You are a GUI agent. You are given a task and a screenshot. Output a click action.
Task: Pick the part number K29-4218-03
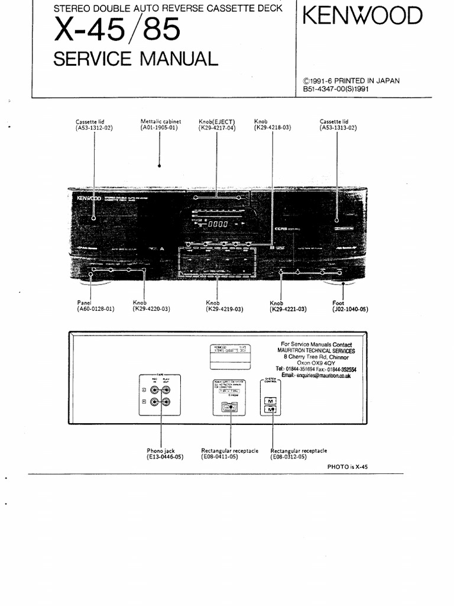pos(273,128)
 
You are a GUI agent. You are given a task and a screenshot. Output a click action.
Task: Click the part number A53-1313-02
pos(338,128)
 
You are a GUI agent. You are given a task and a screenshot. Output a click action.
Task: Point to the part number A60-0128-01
pos(95,309)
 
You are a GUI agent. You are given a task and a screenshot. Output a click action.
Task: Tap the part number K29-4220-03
pos(151,309)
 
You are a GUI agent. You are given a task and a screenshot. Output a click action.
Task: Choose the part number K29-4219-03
pos(225,309)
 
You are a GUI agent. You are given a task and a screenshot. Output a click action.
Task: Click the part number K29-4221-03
pos(288,309)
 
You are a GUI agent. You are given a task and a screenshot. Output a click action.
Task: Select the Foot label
pos(338,302)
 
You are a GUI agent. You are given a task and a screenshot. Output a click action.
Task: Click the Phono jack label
pos(161,451)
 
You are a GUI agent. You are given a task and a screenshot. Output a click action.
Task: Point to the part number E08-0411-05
pos(219,457)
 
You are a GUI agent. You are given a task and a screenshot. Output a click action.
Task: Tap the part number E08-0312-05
pos(289,457)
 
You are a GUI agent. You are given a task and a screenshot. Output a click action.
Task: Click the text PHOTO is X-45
pos(347,466)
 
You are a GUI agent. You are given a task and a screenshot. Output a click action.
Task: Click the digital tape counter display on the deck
pos(217,225)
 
